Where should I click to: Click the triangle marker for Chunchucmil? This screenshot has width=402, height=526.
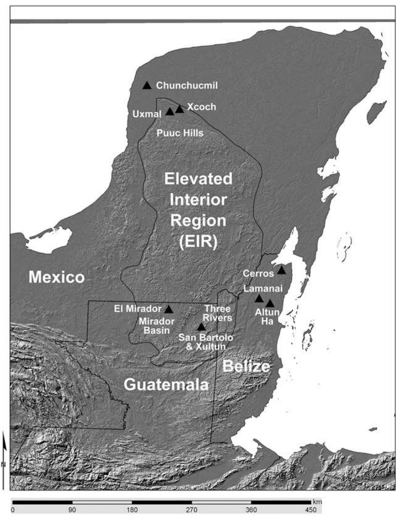tap(147, 85)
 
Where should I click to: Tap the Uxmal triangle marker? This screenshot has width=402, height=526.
tap(170, 112)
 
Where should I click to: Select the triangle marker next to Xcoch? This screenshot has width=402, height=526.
tap(180, 109)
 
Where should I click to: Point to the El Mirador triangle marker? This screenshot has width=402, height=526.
tap(169, 309)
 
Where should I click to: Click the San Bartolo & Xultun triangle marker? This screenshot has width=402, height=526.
tap(201, 327)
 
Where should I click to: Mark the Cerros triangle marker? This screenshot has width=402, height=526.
tap(281, 270)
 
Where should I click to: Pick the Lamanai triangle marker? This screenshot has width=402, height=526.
tap(259, 299)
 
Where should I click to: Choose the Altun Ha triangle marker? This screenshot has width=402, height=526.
tap(270, 303)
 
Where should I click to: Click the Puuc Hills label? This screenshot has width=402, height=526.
tap(180, 133)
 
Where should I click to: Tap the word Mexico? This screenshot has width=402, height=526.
tap(56, 278)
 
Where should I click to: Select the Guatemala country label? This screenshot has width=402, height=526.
tap(166, 385)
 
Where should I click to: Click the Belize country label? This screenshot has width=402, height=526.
tap(246, 366)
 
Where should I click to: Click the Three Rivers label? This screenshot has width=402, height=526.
tap(217, 313)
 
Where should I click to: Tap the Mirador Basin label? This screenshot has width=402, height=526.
tap(157, 326)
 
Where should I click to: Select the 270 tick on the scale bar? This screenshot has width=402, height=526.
tap(192, 510)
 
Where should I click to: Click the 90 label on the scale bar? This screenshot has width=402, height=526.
tap(72, 510)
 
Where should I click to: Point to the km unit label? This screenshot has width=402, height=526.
tap(317, 502)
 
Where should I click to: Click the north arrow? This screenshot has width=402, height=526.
tap(4, 443)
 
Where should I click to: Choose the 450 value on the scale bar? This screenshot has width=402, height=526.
tap(311, 510)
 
